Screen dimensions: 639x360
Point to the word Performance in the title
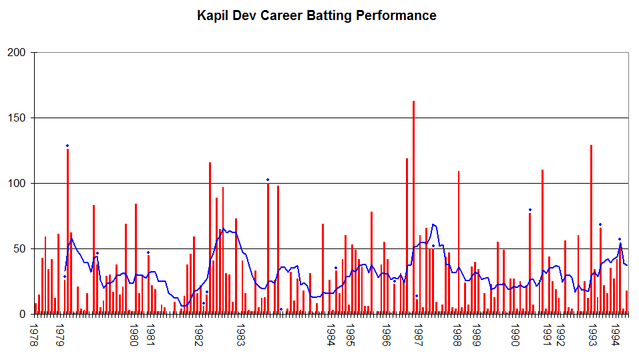pos(396,15)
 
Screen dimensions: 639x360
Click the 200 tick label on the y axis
pos(16,53)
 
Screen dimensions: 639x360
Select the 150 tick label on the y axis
pos(16,118)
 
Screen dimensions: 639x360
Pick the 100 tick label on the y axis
pos(16,184)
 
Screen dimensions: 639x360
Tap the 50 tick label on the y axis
pos(19,248)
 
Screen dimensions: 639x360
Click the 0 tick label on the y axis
pos(23,315)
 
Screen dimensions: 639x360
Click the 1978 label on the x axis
pos(34,335)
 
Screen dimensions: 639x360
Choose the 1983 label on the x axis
pos(240,335)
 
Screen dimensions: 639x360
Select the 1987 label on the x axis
pos(418,335)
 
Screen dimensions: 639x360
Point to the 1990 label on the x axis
pos(515,335)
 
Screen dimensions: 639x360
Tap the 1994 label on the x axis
pos(616,335)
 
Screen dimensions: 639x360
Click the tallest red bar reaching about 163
pos(413,208)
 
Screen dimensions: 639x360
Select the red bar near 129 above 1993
pos(591,230)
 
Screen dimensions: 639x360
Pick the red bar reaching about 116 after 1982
pos(210,238)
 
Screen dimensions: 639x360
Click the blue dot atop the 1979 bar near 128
pos(67,146)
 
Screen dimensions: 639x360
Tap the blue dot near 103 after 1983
pos(268,180)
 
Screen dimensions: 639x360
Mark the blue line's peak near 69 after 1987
pos(433,224)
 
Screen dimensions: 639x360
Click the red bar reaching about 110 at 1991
pos(542,242)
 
